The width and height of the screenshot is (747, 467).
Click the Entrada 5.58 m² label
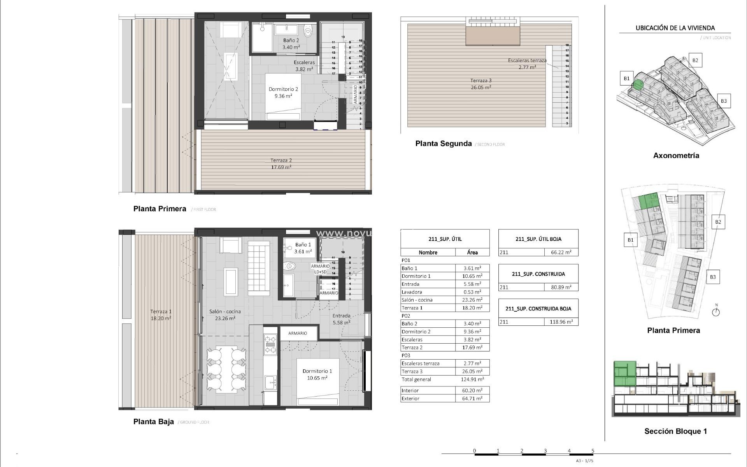point(341,319)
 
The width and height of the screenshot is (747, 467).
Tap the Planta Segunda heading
point(443,144)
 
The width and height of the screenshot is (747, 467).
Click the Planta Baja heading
point(153,422)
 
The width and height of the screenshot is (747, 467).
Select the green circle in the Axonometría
point(638,84)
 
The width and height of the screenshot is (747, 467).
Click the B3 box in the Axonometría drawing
point(723,101)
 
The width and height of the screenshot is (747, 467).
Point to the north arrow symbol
point(716,311)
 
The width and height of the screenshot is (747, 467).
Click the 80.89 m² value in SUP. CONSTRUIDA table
point(561,287)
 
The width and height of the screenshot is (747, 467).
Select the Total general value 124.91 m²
point(472,379)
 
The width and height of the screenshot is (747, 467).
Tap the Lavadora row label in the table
point(412,292)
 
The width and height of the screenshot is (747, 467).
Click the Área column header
point(472,252)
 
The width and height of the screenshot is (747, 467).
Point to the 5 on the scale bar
point(593,451)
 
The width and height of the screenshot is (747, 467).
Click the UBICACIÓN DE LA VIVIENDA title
point(675,28)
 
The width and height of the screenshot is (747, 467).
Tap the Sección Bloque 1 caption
point(675,431)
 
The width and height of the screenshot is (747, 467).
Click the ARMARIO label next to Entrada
point(298,333)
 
